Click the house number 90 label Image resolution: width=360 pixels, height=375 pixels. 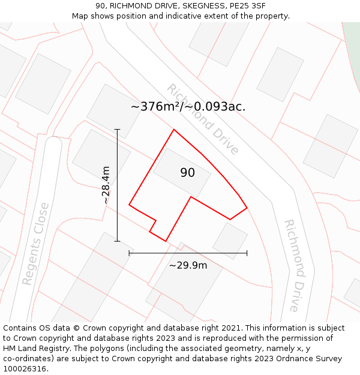click(187, 173)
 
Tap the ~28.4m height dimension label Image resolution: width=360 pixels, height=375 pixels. click(106, 185)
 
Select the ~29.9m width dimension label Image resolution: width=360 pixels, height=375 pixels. click(188, 265)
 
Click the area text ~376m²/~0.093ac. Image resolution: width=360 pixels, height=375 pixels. click(188, 107)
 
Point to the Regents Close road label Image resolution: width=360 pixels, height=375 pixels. click(35, 244)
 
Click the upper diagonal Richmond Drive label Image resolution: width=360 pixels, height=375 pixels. click(203, 119)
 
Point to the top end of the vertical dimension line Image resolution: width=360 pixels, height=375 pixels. click(117, 129)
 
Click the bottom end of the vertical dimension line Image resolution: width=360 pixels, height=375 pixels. click(117, 241)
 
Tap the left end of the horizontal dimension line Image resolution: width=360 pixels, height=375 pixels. click(129, 253)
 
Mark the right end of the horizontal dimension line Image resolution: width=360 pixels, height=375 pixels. click(247, 253)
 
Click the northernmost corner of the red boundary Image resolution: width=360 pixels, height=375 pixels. click(174, 130)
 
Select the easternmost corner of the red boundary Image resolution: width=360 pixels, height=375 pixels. click(247, 208)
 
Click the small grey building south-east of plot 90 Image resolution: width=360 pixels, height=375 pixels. click(230, 240)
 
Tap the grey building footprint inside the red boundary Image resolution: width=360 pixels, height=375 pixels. click(182, 172)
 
